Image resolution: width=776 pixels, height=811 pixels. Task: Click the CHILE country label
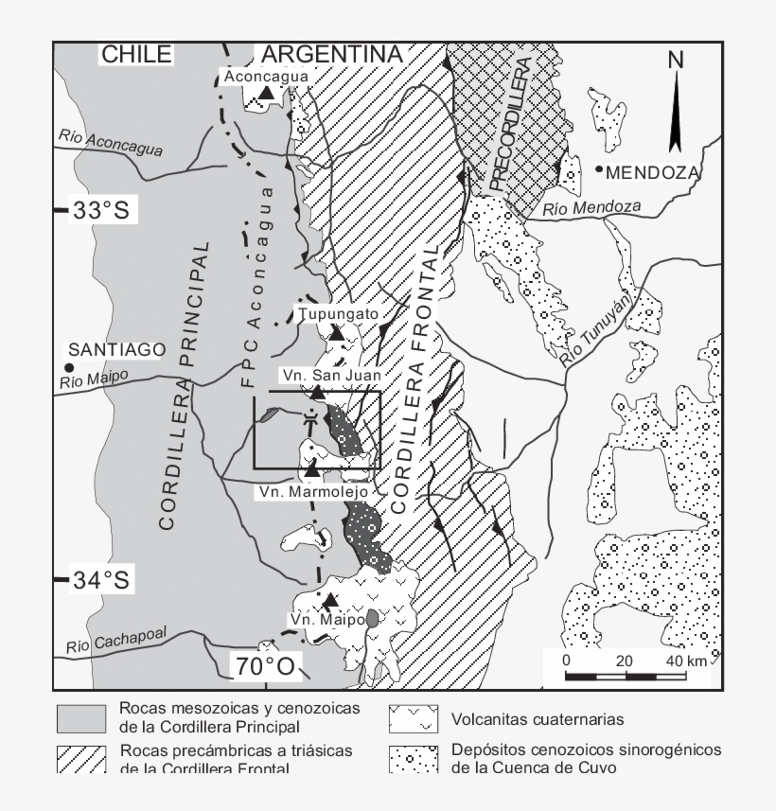click(136, 55)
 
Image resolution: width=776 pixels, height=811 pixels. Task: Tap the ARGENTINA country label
click(331, 55)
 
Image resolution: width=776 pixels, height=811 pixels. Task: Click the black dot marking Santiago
click(68, 367)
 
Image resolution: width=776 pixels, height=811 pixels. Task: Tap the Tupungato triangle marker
click(336, 332)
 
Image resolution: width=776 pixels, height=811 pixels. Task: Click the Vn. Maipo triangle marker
click(329, 600)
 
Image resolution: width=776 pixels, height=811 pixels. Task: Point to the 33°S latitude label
click(100, 210)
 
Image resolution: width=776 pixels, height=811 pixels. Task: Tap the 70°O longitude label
click(265, 667)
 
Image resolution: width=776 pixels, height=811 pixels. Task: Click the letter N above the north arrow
click(676, 60)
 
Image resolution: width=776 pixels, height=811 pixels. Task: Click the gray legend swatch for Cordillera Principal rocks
click(81, 717)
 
